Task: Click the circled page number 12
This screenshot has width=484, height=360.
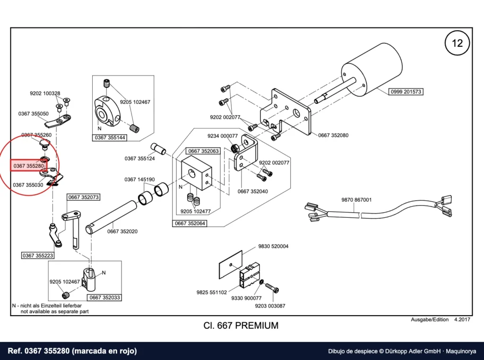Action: (x=457, y=43)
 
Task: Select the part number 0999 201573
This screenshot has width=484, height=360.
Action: (x=406, y=92)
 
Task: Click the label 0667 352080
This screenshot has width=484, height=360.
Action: (x=333, y=135)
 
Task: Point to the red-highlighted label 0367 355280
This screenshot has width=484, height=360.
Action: (x=29, y=166)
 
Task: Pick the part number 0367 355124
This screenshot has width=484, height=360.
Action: (x=139, y=159)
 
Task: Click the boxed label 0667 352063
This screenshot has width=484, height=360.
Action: (x=203, y=151)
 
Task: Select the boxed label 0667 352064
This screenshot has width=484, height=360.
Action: (x=190, y=223)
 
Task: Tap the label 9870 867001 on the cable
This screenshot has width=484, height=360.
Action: (x=356, y=200)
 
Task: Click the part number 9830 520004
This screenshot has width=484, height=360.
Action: (x=273, y=246)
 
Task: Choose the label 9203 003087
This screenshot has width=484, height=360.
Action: (x=270, y=306)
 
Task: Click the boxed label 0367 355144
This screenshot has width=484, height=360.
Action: (x=110, y=137)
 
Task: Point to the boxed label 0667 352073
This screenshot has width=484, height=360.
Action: (x=83, y=197)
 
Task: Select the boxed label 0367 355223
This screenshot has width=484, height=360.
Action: (x=38, y=256)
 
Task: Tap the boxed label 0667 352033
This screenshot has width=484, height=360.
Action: (x=104, y=297)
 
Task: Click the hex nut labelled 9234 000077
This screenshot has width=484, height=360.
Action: (x=234, y=148)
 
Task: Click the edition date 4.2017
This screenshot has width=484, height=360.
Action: (x=462, y=319)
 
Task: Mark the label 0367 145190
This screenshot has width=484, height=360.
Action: (x=139, y=180)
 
